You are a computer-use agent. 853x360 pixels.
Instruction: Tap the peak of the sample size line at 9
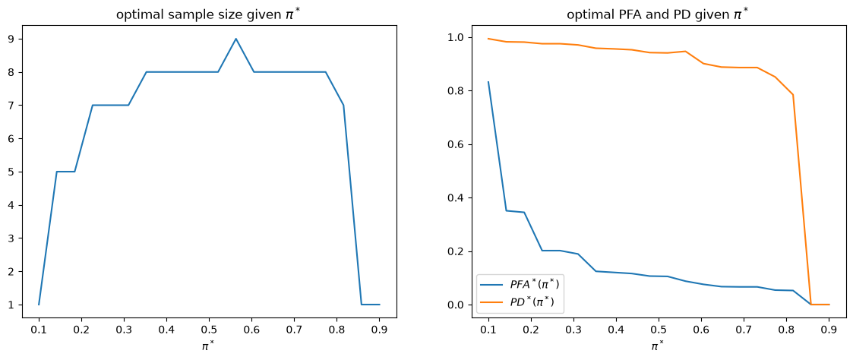point(235,39)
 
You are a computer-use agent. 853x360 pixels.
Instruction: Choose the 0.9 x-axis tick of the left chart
point(379,330)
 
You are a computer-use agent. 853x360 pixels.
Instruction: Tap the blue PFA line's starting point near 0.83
point(488,82)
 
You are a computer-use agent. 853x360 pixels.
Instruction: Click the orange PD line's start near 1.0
point(488,39)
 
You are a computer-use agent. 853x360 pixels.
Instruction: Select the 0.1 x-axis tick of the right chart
point(488,330)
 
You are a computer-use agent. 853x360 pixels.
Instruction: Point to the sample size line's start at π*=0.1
point(39,305)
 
